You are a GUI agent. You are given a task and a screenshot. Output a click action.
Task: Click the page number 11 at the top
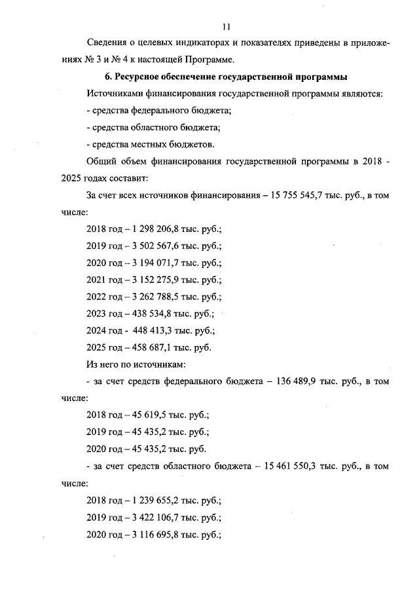pyautogui.click(x=227, y=27)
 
